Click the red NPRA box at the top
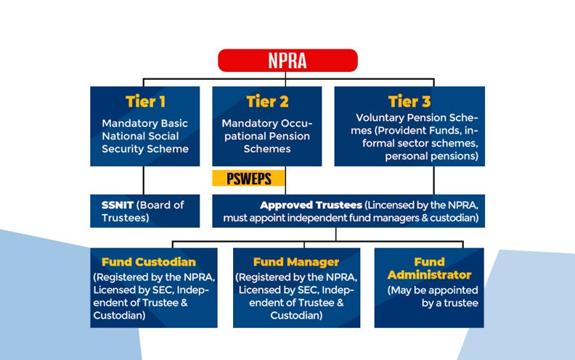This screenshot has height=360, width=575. click(x=287, y=60)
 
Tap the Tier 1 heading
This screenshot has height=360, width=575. click(x=144, y=102)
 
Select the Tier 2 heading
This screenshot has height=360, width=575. click(x=267, y=102)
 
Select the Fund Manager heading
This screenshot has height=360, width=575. click(x=296, y=262)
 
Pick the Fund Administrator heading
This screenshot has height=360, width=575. click(x=429, y=268)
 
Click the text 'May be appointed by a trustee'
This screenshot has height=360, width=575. click(x=433, y=296)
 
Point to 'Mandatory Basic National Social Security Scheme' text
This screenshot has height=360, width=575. click(x=144, y=136)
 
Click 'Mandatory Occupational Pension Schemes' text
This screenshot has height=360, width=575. click(x=266, y=136)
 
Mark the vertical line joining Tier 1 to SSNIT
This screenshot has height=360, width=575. click(x=144, y=179)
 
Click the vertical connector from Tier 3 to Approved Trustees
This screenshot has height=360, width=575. click(x=434, y=179)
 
